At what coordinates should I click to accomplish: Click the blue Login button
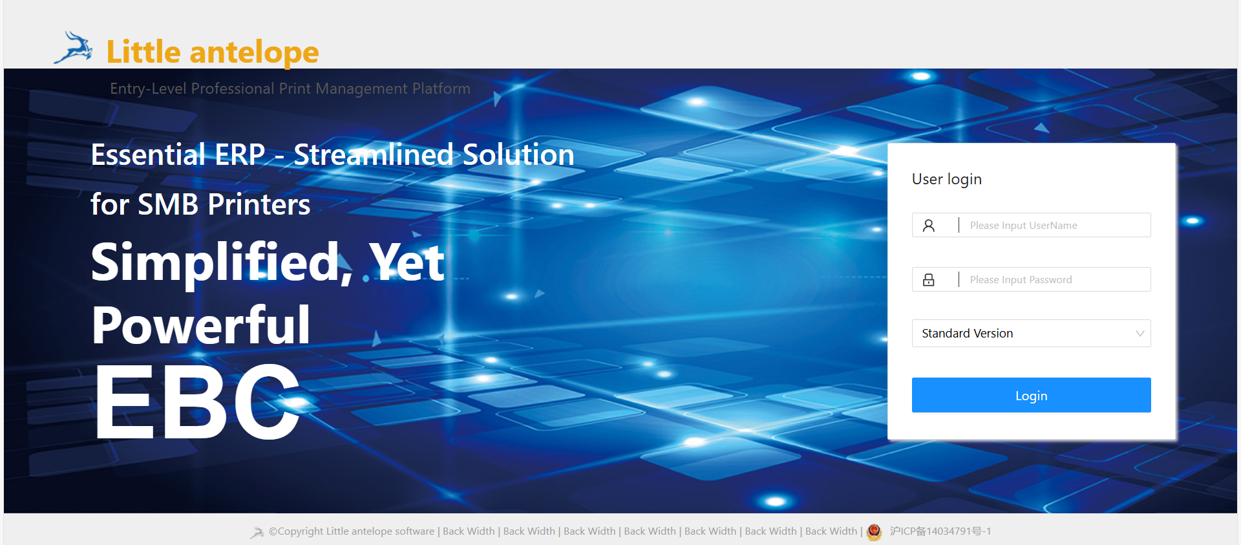point(1031,395)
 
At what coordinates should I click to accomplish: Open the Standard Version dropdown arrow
point(1140,334)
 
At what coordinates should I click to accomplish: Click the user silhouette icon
point(929,225)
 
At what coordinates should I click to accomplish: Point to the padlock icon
point(929,279)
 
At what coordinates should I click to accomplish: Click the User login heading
point(946,180)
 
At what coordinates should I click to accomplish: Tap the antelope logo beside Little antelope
point(74,48)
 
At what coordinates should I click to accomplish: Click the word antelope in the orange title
point(254,52)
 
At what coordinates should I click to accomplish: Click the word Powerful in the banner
point(201,325)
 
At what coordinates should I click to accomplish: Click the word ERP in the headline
point(240,155)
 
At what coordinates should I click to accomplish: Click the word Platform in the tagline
point(441,89)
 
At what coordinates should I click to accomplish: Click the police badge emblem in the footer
point(874,531)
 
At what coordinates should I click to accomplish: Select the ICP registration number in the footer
point(940,531)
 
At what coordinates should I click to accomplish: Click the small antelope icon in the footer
point(257,532)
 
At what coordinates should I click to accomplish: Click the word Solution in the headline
point(518,155)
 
